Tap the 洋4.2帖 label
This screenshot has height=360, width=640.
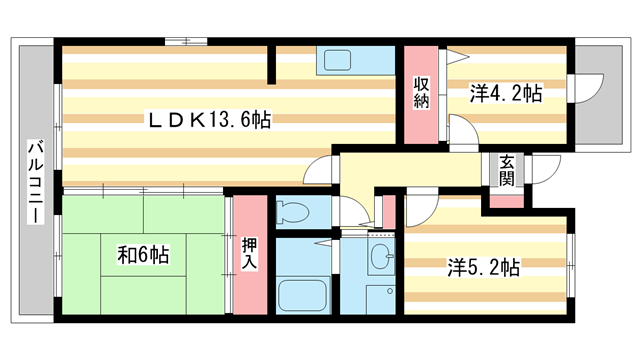[x=507, y=95]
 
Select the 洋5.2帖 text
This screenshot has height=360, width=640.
[x=483, y=268]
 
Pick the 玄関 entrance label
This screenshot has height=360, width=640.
[x=507, y=171]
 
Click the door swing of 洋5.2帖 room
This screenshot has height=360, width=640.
[x=417, y=205]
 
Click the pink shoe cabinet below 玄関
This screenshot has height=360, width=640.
[x=508, y=200]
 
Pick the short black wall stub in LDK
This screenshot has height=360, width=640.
[x=272, y=63]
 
